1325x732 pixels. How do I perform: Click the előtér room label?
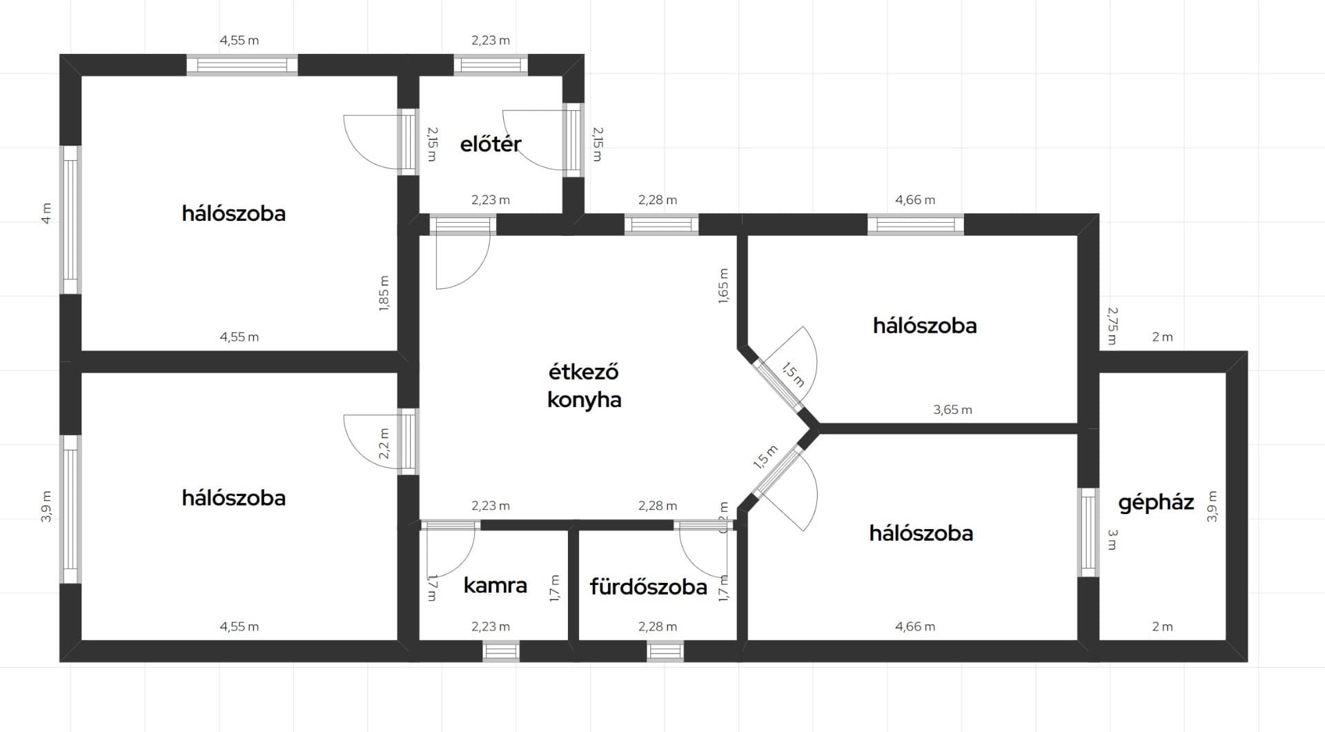click(x=491, y=144)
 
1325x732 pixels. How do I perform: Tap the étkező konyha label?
click(x=584, y=386)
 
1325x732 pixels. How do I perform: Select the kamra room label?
click(x=495, y=586)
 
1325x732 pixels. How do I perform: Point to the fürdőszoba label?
click(x=648, y=587)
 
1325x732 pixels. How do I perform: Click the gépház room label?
click(x=1156, y=502)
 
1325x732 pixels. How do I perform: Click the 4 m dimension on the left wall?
click(x=46, y=212)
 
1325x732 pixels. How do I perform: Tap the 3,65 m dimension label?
click(x=952, y=410)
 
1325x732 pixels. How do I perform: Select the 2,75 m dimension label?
click(x=1112, y=326)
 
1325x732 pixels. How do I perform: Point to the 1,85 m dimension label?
click(x=384, y=293)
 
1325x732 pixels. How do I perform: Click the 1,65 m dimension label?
click(x=723, y=286)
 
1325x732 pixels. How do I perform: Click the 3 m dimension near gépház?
click(x=1112, y=540)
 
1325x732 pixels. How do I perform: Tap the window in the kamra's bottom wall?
click(x=500, y=651)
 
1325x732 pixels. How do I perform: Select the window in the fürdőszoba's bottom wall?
click(x=665, y=651)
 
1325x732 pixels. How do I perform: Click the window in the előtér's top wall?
click(x=491, y=65)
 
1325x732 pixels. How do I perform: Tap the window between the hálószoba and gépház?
click(x=1088, y=532)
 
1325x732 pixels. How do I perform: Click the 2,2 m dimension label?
click(x=384, y=443)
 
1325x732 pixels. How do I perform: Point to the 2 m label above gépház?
click(x=1162, y=337)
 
